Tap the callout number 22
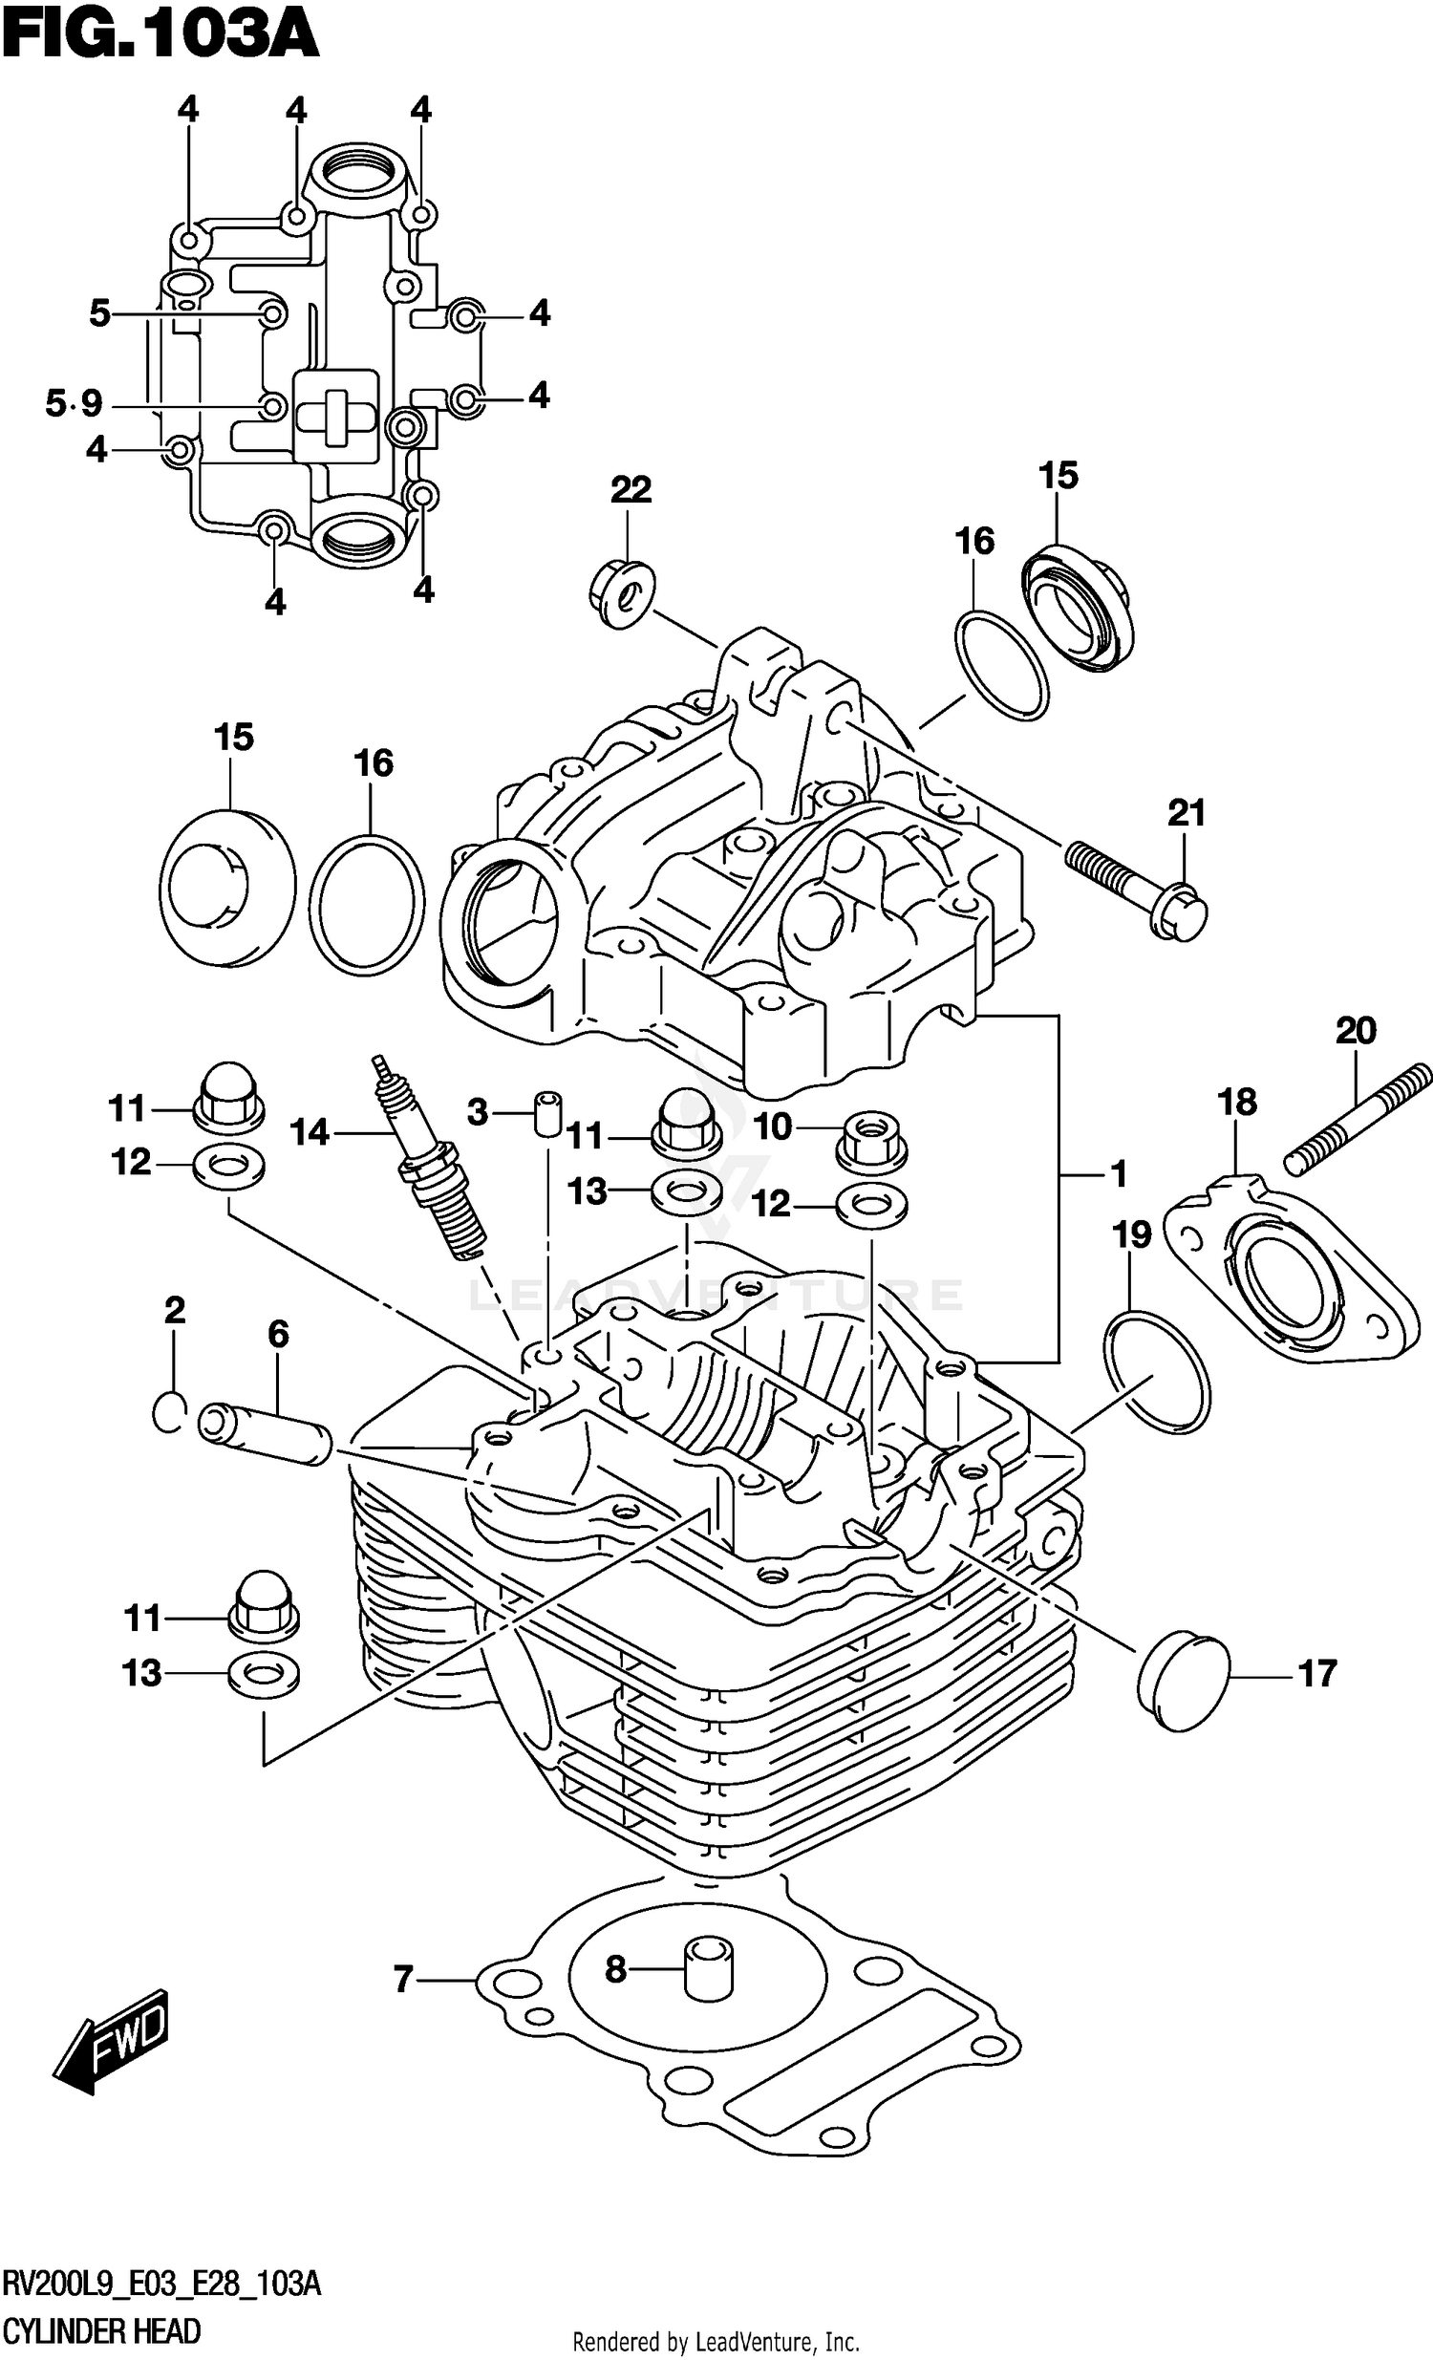(631, 490)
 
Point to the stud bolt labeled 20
(1358, 1122)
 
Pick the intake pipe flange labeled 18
(1290, 1269)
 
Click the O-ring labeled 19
(1157, 1372)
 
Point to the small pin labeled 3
(547, 1113)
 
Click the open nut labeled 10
(870, 1140)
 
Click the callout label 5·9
(74, 403)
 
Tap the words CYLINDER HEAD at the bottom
(101, 2330)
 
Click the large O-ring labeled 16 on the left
(366, 905)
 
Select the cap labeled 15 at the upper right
(1076, 608)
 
